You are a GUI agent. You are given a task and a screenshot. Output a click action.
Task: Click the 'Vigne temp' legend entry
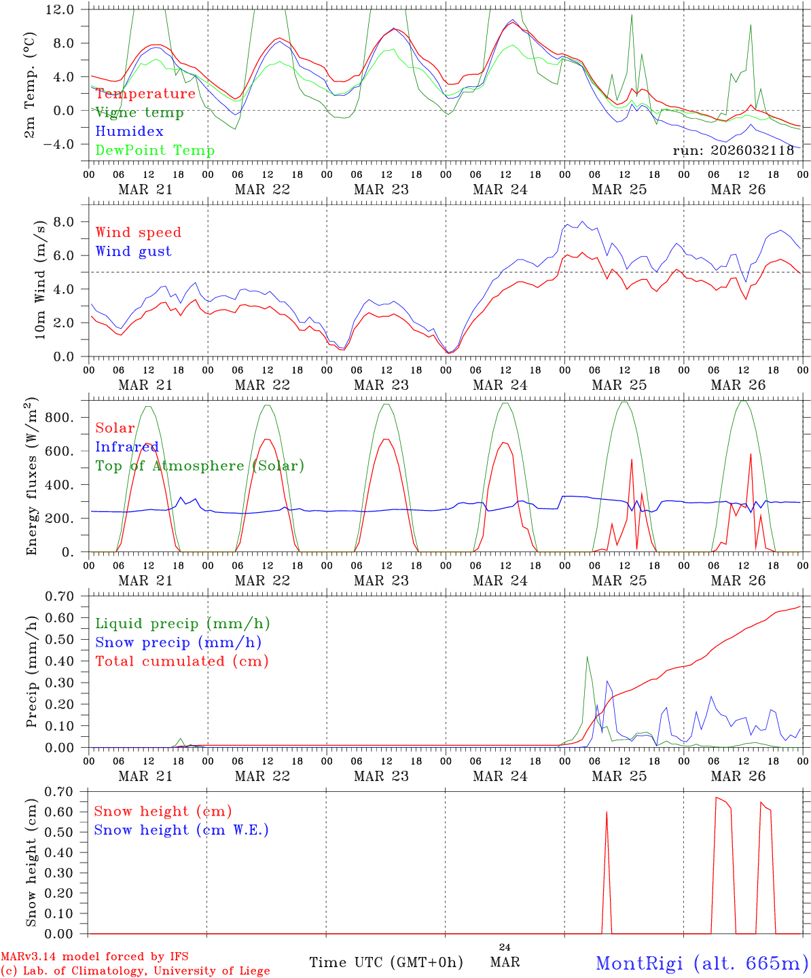click(x=139, y=113)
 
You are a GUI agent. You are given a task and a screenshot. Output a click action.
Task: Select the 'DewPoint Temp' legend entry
click(x=155, y=151)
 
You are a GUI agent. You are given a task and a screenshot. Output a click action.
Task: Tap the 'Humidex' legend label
click(x=129, y=132)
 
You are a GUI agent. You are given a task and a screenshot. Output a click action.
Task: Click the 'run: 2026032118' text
click(x=733, y=151)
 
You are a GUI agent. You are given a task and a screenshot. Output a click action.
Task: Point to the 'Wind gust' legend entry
click(x=133, y=251)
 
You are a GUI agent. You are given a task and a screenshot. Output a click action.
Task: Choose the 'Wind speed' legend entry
click(x=139, y=232)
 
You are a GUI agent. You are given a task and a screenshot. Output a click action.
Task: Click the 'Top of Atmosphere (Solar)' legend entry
click(x=200, y=466)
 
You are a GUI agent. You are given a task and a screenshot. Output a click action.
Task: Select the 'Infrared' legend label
click(x=127, y=447)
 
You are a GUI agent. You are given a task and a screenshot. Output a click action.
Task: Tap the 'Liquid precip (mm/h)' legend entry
click(x=183, y=623)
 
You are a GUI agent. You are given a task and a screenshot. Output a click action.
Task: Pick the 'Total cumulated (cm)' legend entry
click(x=182, y=662)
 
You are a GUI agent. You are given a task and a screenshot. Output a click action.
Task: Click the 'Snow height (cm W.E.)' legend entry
click(x=181, y=830)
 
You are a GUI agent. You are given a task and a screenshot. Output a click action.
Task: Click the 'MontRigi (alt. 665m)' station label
click(x=702, y=963)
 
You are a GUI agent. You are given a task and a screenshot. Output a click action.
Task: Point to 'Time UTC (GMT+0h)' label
click(x=386, y=962)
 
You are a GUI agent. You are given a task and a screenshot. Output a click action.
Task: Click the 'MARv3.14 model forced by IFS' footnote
click(x=94, y=956)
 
